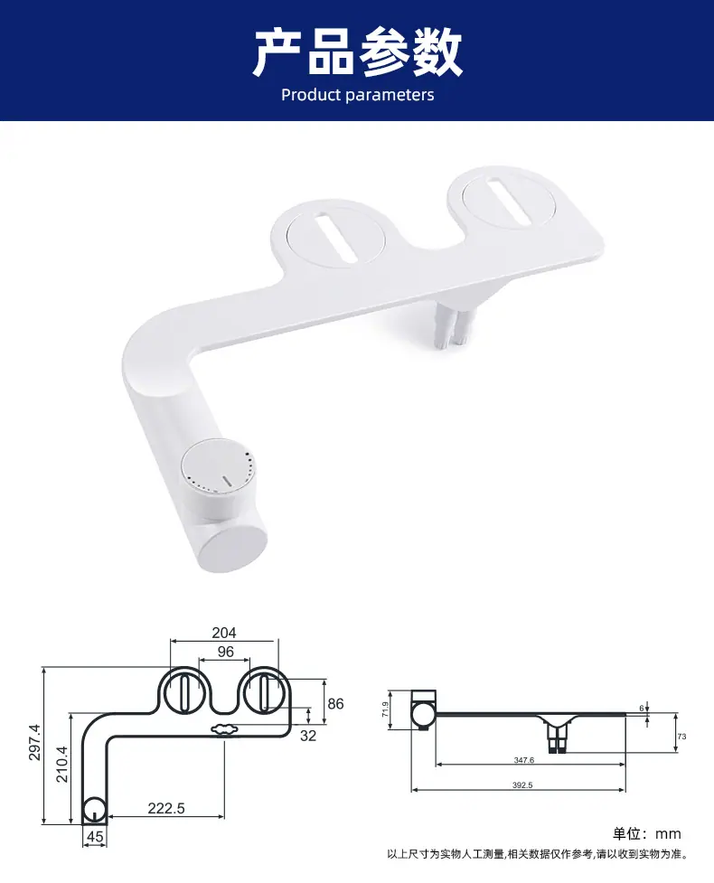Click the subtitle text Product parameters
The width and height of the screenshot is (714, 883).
358,95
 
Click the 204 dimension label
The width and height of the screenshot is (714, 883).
223,633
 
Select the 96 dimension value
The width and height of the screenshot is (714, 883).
225,652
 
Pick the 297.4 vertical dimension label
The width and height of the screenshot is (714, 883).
34,742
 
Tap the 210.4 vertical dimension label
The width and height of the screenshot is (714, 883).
61,765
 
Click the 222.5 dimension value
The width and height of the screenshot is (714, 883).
166,808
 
